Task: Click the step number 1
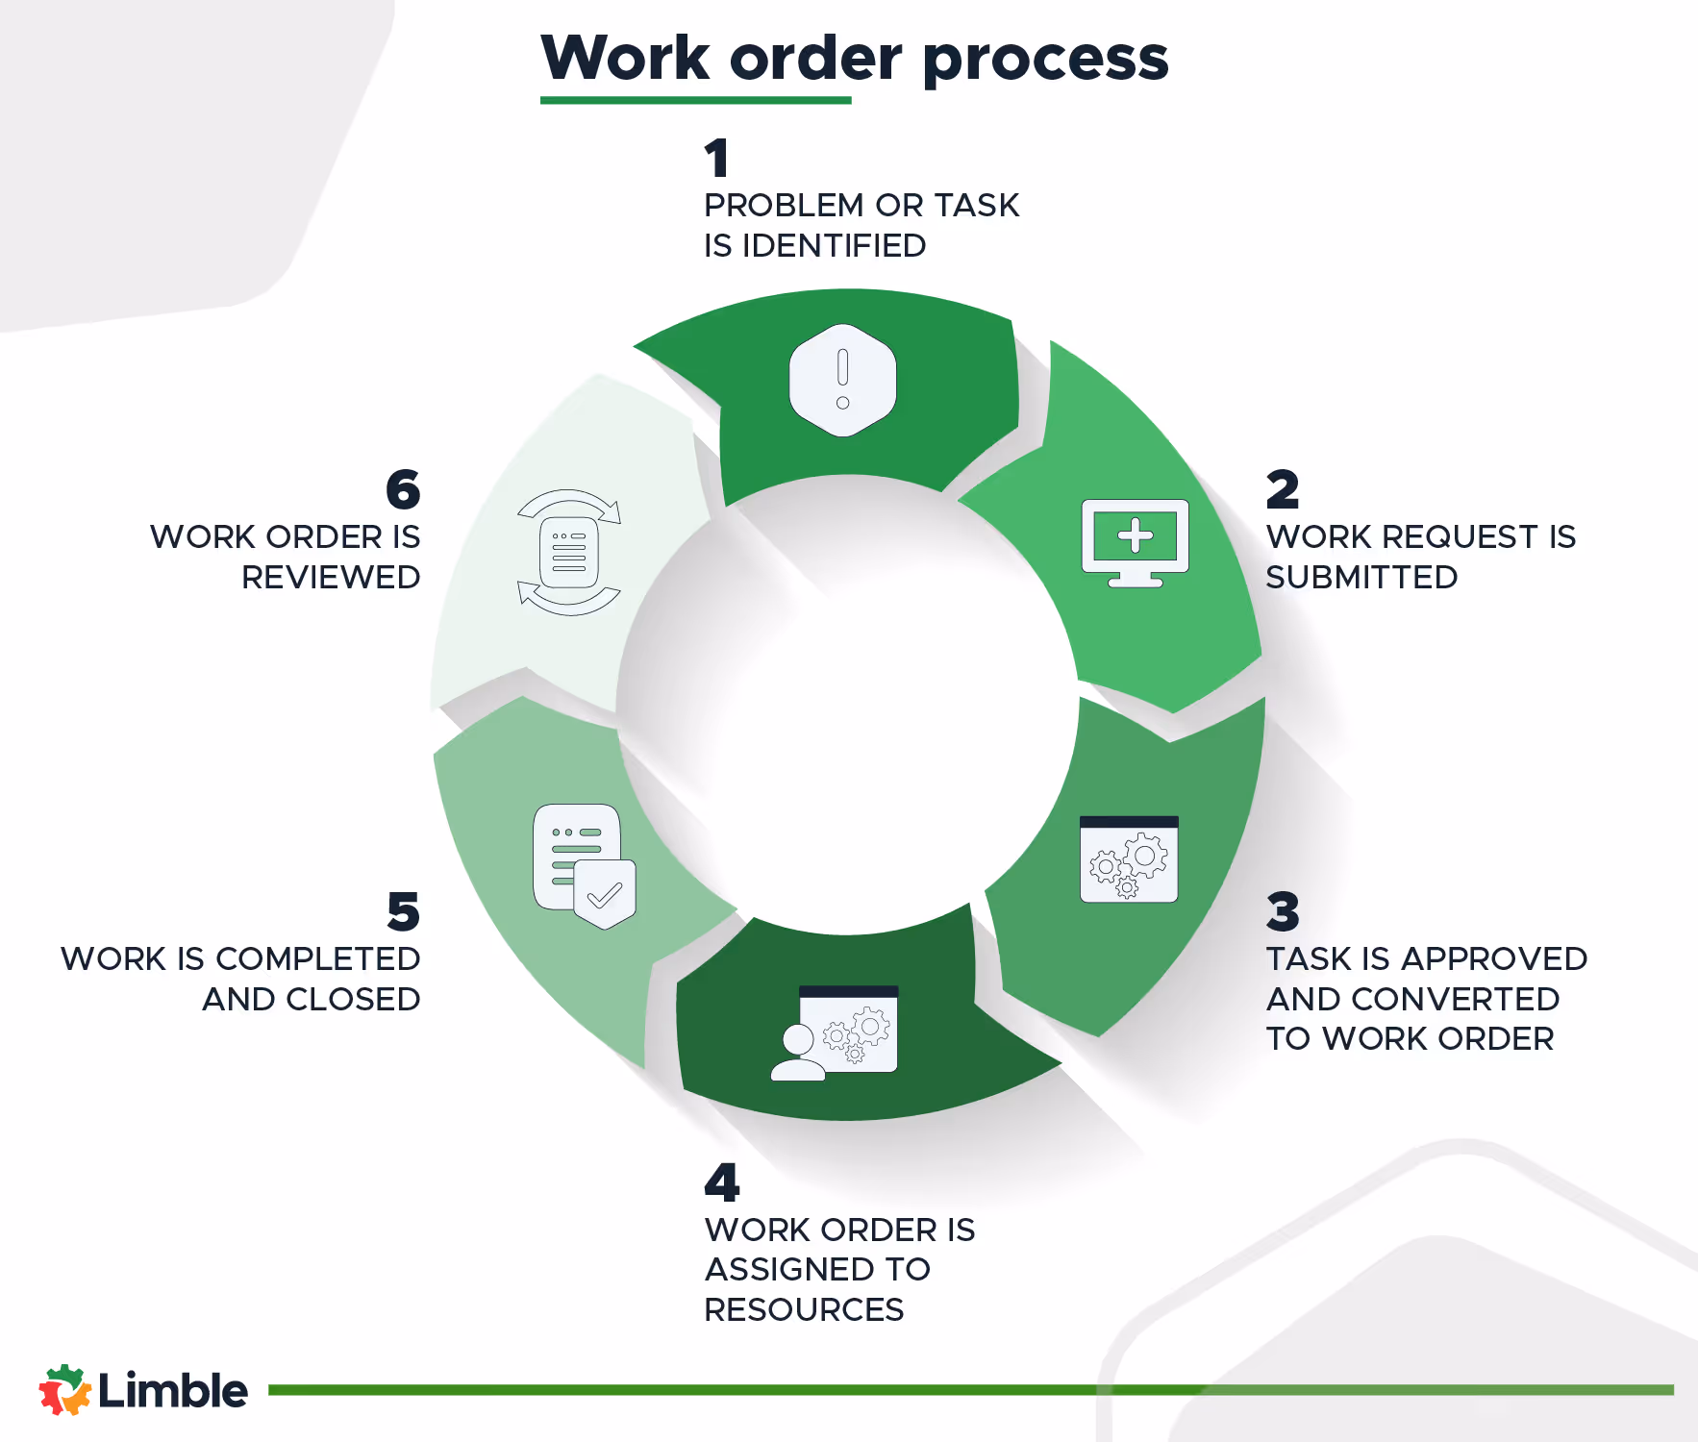point(716,159)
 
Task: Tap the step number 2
point(1283,489)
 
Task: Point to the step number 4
point(722,1182)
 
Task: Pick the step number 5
point(404,911)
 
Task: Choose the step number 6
point(403,489)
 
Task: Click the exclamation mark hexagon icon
point(842,381)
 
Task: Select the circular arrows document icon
point(569,553)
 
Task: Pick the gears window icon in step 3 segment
point(1129,859)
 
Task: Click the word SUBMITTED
point(1361,578)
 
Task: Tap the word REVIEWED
point(331,578)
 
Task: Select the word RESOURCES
point(804,1310)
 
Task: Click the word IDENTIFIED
point(834,246)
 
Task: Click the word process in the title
point(1045,60)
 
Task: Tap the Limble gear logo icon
point(64,1390)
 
